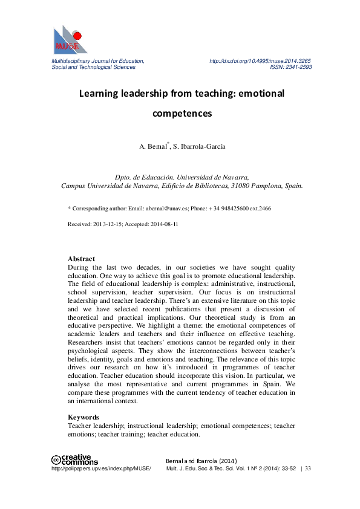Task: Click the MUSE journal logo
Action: (x=70, y=41)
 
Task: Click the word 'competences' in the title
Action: (x=182, y=113)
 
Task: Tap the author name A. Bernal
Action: (x=152, y=146)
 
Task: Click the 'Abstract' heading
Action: (x=81, y=259)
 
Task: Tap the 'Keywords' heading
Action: (x=83, y=417)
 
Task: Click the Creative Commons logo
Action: (x=74, y=459)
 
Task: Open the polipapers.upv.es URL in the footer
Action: (x=101, y=468)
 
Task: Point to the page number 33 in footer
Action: (x=308, y=468)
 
